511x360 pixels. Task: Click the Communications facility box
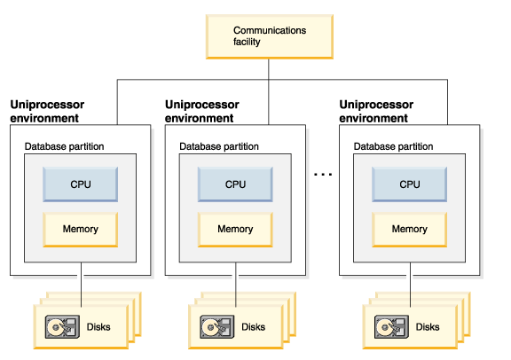[269, 37]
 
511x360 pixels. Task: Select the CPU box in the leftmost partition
[80, 184]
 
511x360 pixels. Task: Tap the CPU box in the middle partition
[235, 184]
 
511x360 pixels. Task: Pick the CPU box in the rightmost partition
[409, 184]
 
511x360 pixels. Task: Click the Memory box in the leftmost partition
[80, 230]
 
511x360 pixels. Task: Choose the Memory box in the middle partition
[235, 230]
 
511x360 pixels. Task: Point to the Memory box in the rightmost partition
[409, 230]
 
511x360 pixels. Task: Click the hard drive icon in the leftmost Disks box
[62, 326]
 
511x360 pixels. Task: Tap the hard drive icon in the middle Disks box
[217, 326]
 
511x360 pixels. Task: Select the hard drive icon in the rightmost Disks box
[391, 326]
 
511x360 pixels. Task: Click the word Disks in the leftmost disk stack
[98, 327]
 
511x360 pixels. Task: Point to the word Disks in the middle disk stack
[253, 327]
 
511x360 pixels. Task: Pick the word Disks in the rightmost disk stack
[428, 327]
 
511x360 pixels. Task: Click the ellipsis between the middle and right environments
[323, 175]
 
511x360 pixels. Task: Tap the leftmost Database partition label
[64, 146]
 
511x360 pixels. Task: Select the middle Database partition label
[219, 146]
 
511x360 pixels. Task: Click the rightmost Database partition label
[393, 146]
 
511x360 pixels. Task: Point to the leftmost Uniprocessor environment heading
[47, 111]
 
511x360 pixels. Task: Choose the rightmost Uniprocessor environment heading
[376, 111]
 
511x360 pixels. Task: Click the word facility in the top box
[247, 42]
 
